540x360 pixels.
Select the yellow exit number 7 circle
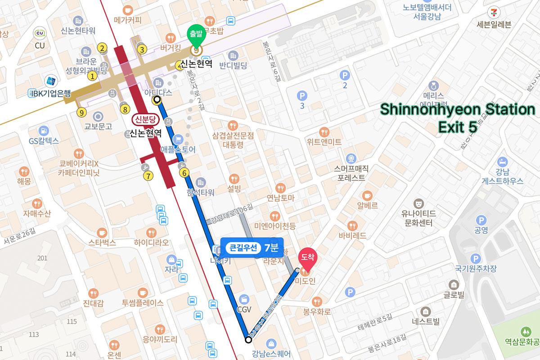[x=148, y=175]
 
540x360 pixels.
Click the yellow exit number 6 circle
[x=183, y=172]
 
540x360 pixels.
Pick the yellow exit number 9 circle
[x=81, y=112]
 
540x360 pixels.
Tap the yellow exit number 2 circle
[x=103, y=49]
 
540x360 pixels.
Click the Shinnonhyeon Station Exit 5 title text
[x=457, y=118]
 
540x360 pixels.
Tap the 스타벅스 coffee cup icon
[x=102, y=232]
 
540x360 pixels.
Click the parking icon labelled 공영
[x=481, y=220]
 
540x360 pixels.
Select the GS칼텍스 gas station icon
[x=44, y=130]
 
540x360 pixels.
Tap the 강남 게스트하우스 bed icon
[x=503, y=162]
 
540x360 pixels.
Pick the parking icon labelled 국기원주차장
[x=475, y=258]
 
